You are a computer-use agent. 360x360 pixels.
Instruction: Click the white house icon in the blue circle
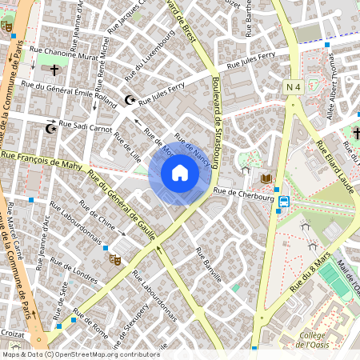pyautogui.click(x=180, y=172)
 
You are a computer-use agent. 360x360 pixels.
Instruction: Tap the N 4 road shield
pyautogui.click(x=292, y=86)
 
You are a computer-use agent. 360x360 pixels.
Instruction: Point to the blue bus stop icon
pyautogui.click(x=284, y=202)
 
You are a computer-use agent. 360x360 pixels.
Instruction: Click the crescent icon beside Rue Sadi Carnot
pyautogui.click(x=52, y=128)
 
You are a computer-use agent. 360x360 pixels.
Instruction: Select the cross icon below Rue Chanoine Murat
pyautogui.click(x=54, y=70)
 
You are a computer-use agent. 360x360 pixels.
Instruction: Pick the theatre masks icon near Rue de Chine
pyautogui.click(x=116, y=259)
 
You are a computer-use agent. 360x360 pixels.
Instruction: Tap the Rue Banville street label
pyautogui.click(x=208, y=263)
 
